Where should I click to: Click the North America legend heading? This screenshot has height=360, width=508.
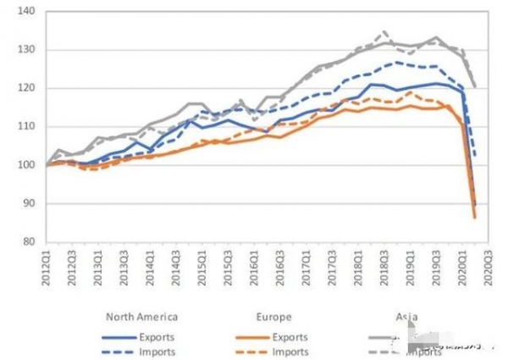(x=141, y=318)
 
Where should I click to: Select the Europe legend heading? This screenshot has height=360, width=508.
(x=273, y=318)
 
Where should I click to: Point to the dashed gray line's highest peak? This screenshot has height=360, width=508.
(x=383, y=32)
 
